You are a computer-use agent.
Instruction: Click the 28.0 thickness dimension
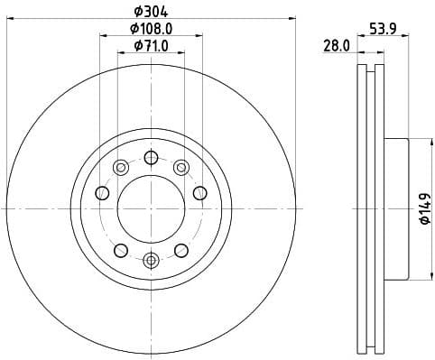[x=338, y=45]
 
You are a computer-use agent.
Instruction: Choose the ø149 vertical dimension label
[x=423, y=208]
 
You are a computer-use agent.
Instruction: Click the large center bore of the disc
[x=150, y=208]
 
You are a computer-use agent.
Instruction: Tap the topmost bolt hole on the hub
[x=150, y=157]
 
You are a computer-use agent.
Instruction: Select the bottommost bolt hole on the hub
[x=150, y=261]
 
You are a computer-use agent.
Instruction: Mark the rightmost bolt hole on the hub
[x=200, y=192]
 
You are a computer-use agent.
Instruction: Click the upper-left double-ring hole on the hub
[x=119, y=166]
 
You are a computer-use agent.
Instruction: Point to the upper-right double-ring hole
[x=180, y=166]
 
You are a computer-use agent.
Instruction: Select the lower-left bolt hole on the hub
[x=119, y=250]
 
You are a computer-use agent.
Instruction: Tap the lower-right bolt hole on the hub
[x=180, y=250]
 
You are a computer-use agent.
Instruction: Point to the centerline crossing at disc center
[x=150, y=208]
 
